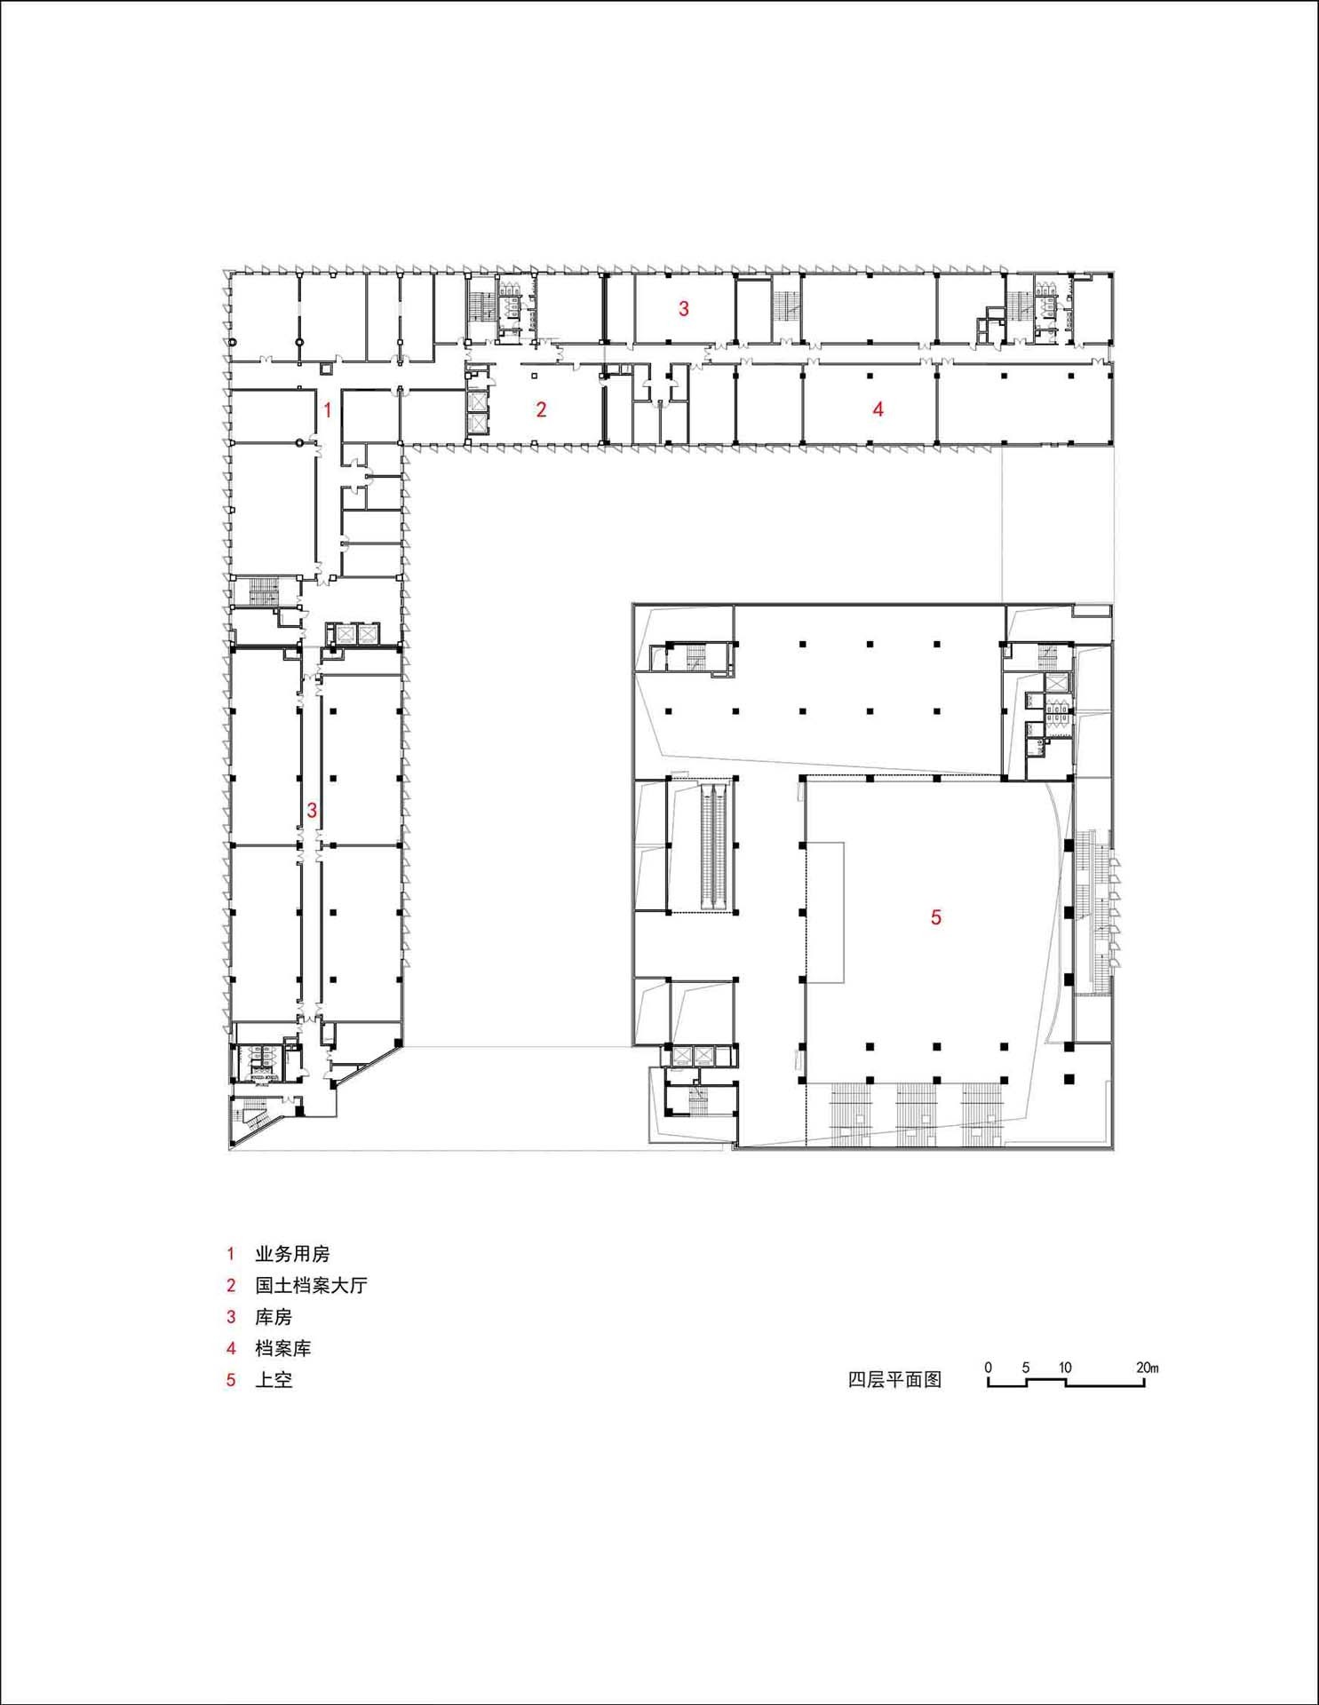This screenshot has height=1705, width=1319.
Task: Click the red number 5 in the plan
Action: (x=935, y=917)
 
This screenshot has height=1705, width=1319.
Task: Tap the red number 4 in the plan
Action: (x=878, y=409)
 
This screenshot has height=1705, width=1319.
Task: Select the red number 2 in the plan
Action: (x=541, y=409)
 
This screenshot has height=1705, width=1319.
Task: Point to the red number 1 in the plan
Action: (x=328, y=410)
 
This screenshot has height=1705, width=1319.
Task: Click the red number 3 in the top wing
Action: (x=683, y=309)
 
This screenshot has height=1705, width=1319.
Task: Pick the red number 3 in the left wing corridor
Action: (x=312, y=810)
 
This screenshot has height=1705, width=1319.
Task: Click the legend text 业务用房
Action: (x=292, y=1254)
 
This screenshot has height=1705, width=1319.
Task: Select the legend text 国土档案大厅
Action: (x=311, y=1285)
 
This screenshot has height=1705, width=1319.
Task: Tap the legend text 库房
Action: (x=274, y=1317)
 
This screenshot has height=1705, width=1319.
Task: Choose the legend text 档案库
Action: (x=282, y=1348)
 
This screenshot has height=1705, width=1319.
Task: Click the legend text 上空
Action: (x=274, y=1380)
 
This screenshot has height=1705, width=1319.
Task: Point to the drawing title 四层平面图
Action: (x=894, y=1380)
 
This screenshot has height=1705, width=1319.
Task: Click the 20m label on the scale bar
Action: (x=1147, y=1368)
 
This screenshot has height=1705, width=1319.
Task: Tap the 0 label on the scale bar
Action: (x=988, y=1368)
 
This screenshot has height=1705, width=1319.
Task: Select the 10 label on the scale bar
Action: (x=1065, y=1368)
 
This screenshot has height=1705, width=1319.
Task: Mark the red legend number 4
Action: (x=231, y=1348)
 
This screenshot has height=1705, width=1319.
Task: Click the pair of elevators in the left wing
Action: (x=354, y=634)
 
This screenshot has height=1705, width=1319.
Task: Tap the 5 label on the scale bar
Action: (x=1025, y=1368)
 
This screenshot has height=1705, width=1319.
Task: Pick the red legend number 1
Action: (x=231, y=1254)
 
